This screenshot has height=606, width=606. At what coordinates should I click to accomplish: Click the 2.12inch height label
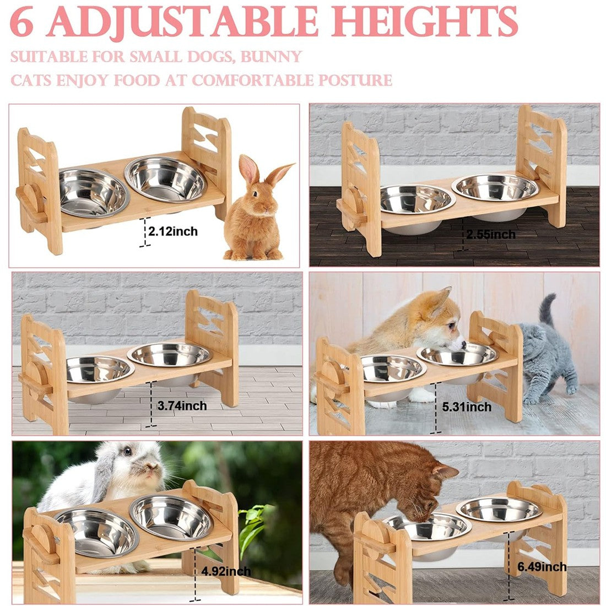173,231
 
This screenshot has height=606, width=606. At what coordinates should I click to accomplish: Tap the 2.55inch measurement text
491,234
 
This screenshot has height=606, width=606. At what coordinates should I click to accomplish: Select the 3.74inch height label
182,406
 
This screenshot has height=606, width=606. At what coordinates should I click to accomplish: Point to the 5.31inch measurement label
467,407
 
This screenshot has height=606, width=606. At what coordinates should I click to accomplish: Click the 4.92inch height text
226,571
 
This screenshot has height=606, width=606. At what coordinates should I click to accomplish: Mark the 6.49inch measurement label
542,567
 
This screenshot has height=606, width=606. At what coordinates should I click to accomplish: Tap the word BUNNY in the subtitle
271,57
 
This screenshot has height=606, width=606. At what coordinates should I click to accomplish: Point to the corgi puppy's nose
463,344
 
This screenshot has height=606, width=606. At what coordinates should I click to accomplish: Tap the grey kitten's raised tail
547,309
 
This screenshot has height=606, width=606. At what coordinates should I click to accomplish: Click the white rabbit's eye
127,451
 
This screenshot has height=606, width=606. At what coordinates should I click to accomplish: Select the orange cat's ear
445,471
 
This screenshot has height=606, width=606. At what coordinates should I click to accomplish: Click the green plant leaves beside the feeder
253,524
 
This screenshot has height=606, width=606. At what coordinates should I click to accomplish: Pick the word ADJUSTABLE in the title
182,22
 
